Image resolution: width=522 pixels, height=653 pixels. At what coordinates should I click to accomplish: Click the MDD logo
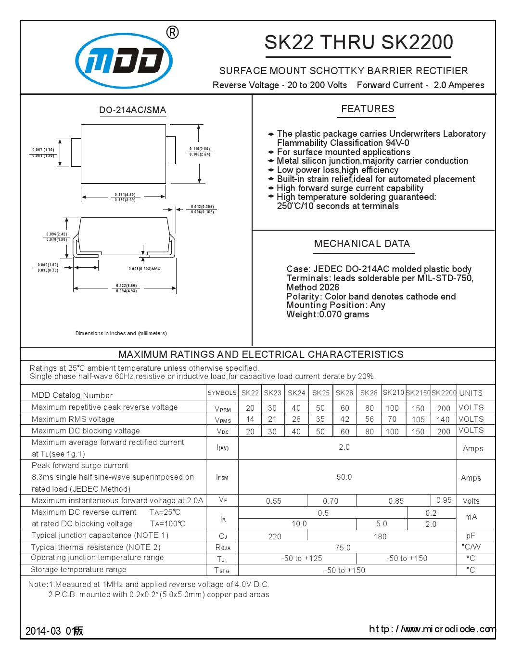(124, 61)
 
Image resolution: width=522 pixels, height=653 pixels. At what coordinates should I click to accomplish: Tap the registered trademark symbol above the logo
(172, 32)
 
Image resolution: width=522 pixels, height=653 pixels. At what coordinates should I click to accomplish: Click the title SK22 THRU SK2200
(358, 42)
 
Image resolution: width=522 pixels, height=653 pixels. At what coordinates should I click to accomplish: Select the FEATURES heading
(368, 109)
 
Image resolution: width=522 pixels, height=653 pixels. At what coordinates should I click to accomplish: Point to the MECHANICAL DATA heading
(362, 244)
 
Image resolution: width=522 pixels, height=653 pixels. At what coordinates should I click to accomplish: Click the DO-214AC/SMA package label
(132, 110)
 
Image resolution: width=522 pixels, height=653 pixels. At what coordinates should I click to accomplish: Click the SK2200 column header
(444, 393)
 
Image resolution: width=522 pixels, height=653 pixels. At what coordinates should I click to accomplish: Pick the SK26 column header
(344, 393)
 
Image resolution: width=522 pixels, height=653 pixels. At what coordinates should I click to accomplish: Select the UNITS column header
(471, 393)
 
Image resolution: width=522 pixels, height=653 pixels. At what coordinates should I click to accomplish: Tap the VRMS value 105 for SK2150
(418, 419)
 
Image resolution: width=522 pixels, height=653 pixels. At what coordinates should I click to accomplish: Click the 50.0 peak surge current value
(344, 477)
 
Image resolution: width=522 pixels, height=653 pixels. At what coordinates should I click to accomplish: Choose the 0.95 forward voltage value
(444, 500)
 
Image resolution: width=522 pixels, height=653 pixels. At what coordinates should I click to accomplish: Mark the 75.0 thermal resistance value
(343, 548)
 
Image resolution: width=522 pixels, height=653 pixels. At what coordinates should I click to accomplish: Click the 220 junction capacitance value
(275, 536)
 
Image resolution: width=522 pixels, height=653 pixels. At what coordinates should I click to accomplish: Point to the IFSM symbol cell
(222, 477)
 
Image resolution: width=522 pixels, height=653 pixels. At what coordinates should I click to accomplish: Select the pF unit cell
(471, 535)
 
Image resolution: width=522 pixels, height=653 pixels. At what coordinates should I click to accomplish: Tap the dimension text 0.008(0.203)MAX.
(145, 269)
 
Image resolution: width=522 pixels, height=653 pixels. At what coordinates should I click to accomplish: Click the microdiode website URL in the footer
(432, 629)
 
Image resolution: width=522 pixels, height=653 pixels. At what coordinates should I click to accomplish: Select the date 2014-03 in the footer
(43, 631)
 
